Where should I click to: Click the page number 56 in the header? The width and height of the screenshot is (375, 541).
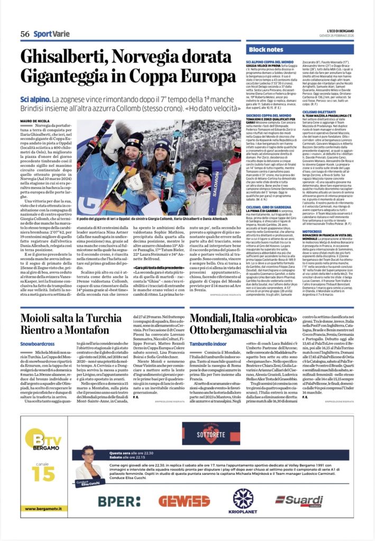point(24,33)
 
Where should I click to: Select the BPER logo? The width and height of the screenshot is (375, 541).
point(118,500)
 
